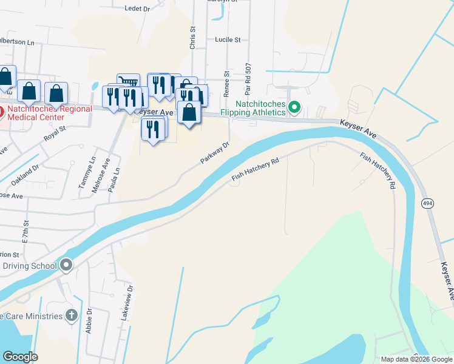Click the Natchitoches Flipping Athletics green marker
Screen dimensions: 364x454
pos(294,108)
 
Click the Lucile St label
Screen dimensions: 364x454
pos(228,39)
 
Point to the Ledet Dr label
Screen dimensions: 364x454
pos(137,8)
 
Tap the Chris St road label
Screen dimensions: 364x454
pos(192,37)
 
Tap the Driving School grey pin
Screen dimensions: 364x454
pos(66,265)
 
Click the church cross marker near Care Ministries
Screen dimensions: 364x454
pos(72,315)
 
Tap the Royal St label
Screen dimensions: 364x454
pos(54,133)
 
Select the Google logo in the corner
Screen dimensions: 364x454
pos(19,356)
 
